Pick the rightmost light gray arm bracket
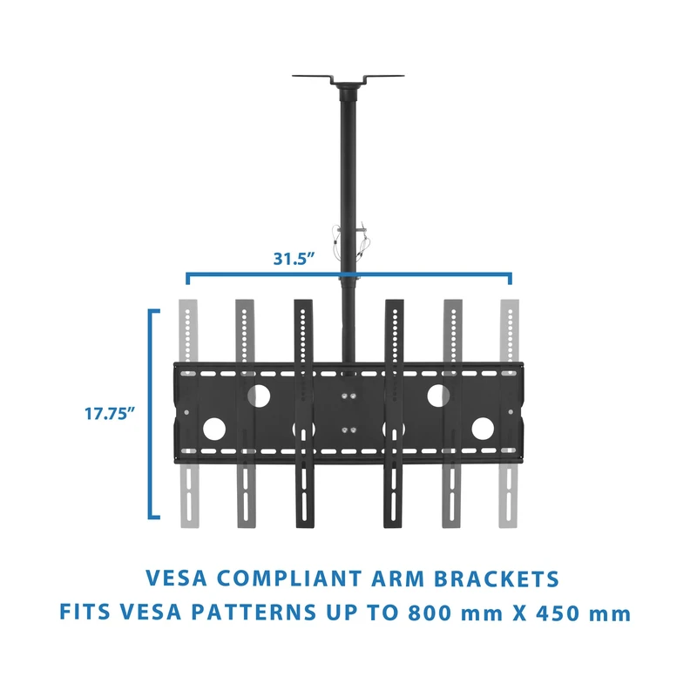click(509, 414)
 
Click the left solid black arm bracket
click(303, 414)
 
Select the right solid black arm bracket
click(394, 414)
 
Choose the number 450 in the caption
click(558, 612)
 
